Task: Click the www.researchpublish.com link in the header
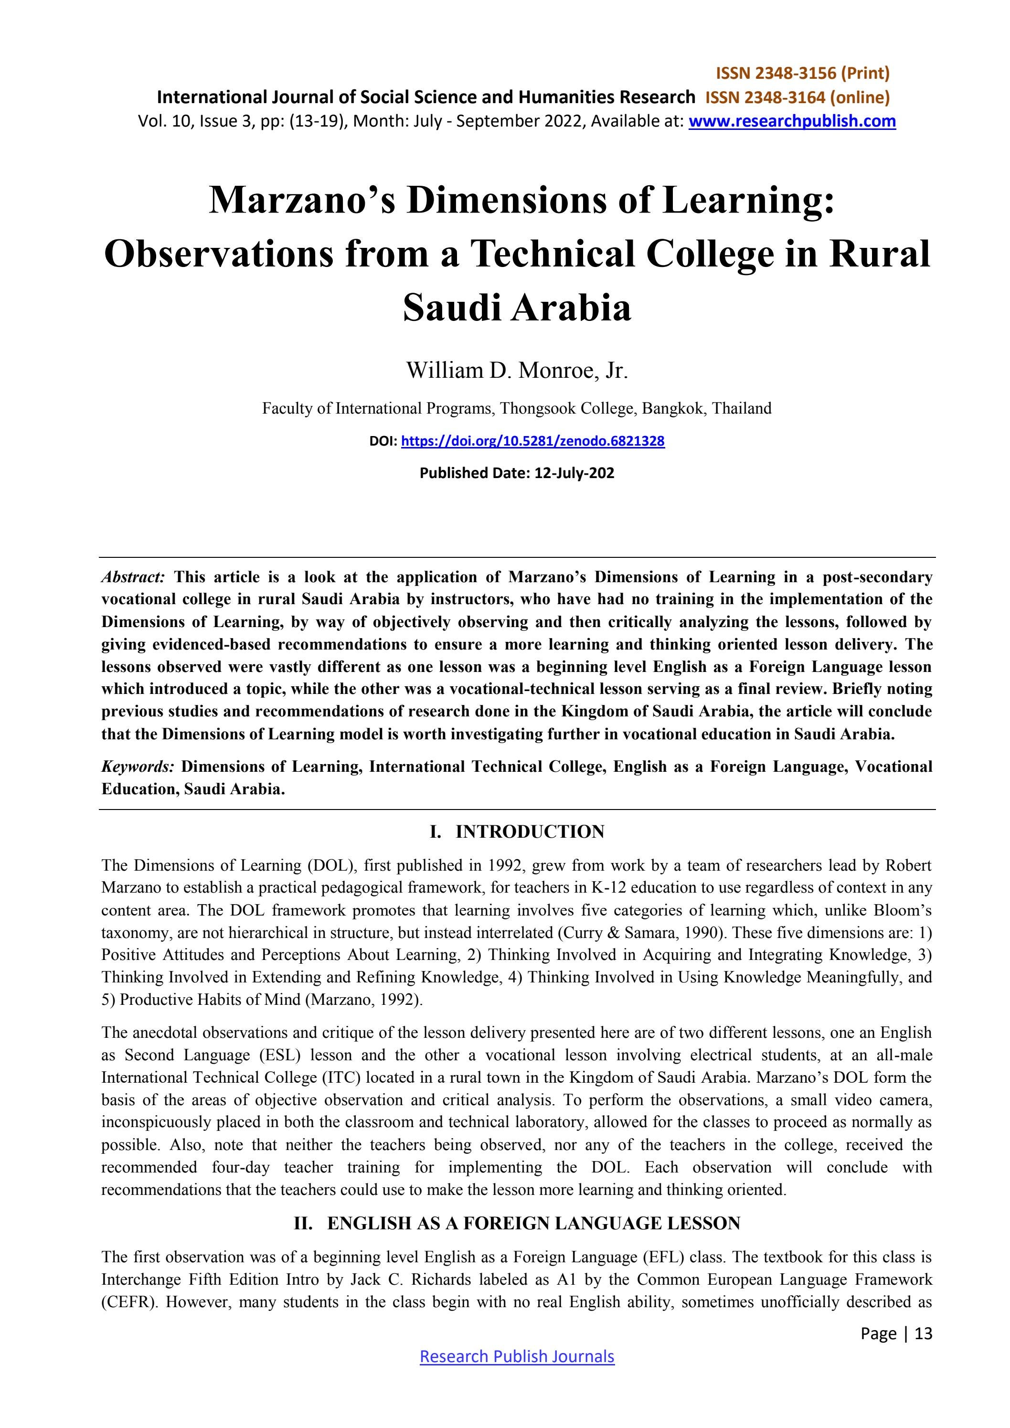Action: (x=792, y=121)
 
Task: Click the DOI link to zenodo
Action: (x=532, y=441)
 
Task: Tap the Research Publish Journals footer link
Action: (x=517, y=1356)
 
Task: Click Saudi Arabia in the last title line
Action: (x=517, y=307)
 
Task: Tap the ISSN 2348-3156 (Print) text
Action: (x=802, y=74)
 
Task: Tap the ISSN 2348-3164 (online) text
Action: (x=797, y=97)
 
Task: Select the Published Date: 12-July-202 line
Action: (x=517, y=473)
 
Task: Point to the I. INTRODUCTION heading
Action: (x=517, y=831)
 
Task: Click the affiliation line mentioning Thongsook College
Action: (x=517, y=409)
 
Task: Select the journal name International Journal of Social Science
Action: (x=425, y=97)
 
